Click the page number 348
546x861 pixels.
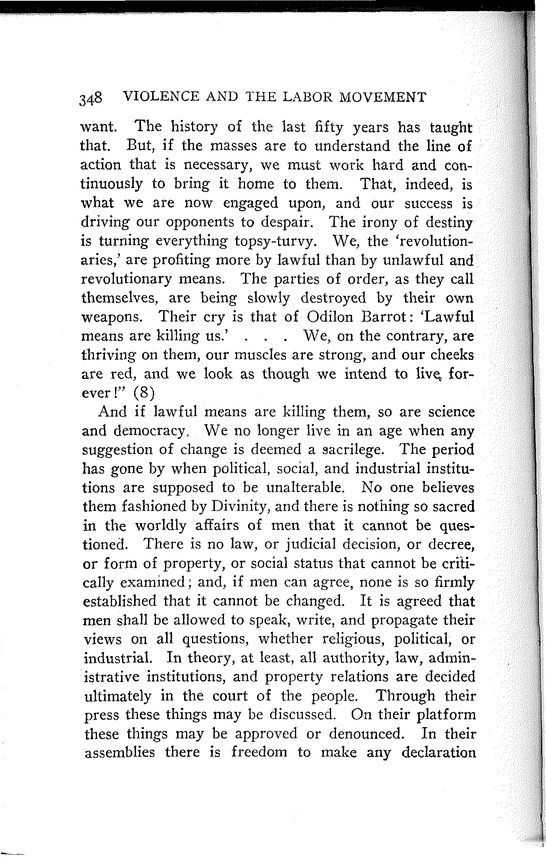[x=91, y=99]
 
